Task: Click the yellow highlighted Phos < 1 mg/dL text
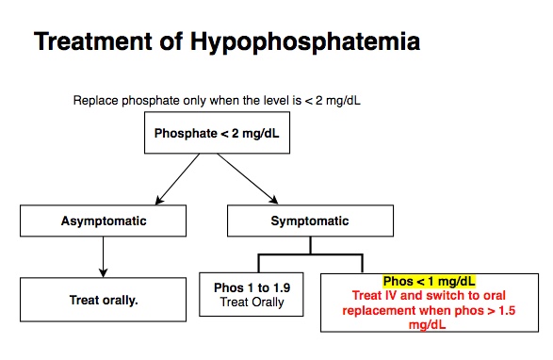[x=430, y=281]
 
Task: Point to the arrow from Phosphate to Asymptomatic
[x=177, y=179]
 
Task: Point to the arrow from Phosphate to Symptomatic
[x=252, y=179]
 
